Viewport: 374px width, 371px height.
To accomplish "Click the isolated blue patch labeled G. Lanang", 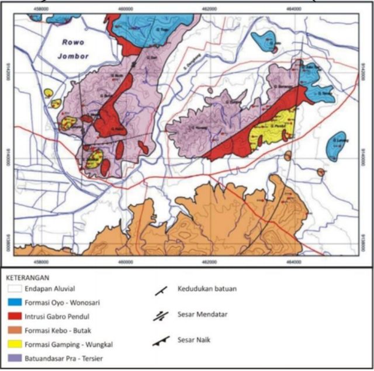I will [x=338, y=146].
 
